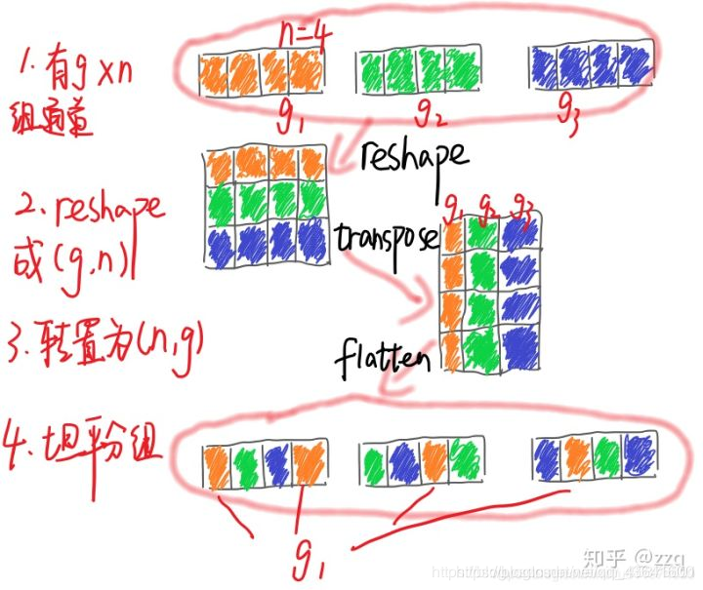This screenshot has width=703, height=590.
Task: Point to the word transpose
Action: click(386, 238)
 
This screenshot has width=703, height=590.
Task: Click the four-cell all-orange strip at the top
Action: click(260, 71)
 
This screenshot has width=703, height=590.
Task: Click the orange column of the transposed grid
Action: click(453, 297)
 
